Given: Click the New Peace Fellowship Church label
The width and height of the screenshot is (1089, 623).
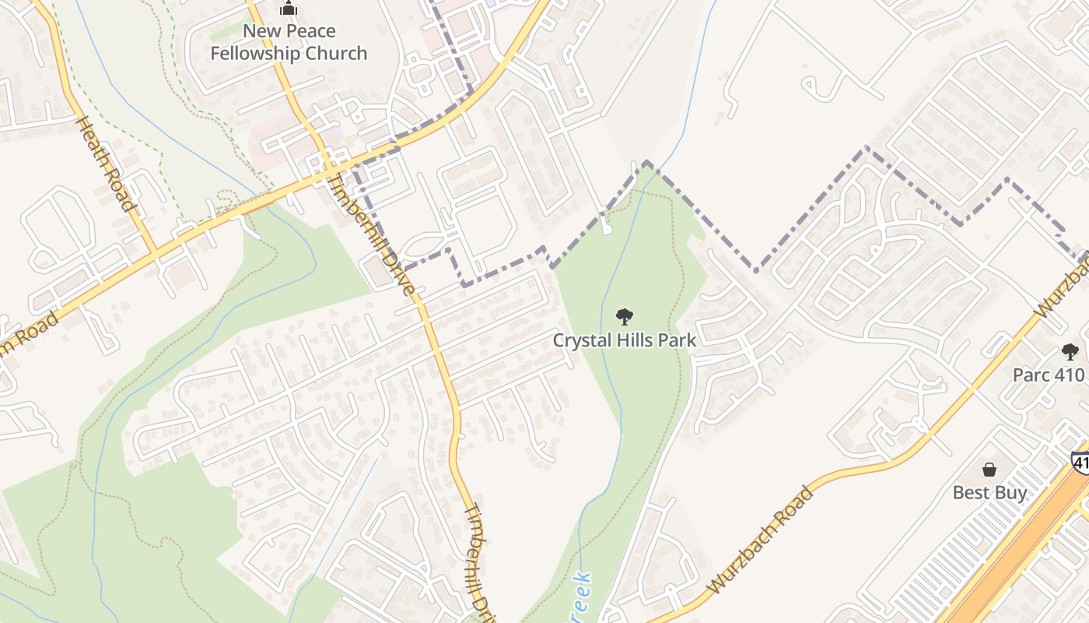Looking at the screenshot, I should [x=289, y=42].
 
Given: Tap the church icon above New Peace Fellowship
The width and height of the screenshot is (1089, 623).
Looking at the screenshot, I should [x=289, y=9].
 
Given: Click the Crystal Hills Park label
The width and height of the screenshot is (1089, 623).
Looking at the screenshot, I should [x=625, y=340].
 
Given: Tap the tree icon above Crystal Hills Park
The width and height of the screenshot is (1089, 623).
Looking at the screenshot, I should [x=624, y=317].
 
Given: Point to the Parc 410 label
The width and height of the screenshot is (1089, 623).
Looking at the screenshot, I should [x=1048, y=375].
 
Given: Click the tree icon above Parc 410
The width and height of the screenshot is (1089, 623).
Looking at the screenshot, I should [x=1070, y=352].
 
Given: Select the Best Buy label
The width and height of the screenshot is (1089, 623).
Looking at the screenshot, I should [x=989, y=493].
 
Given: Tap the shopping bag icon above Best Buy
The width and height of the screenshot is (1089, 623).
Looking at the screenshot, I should [x=989, y=470].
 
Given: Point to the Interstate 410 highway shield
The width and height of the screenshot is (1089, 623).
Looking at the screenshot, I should [x=1080, y=461].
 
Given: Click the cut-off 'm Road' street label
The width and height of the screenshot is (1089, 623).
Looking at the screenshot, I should [x=31, y=336].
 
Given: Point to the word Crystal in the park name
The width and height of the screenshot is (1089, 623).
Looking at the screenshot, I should [x=580, y=340].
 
